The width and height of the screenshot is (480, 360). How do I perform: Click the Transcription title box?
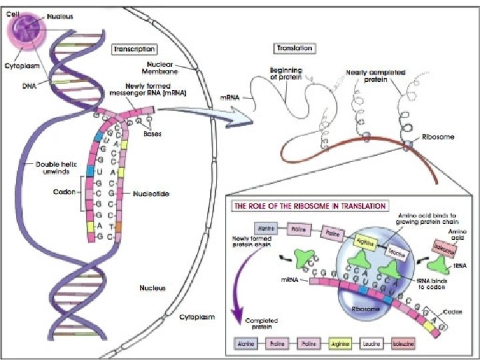[135, 49]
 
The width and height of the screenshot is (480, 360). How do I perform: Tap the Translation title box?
[294, 49]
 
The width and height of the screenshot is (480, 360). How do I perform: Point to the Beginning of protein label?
[286, 73]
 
